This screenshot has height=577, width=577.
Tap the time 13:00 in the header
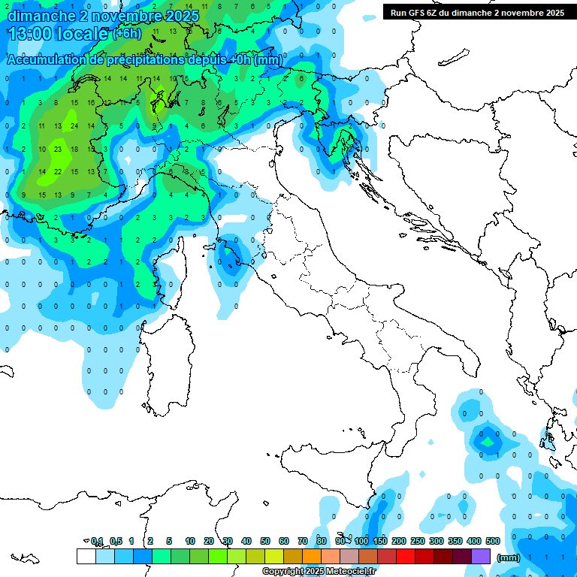[29, 34]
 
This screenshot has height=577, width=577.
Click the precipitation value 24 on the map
[74, 125]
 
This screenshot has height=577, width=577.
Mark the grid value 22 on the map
[57, 171]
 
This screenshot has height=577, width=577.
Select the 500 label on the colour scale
[493, 541]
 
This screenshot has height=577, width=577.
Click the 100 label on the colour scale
[361, 541]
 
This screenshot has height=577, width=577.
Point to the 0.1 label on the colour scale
[97, 541]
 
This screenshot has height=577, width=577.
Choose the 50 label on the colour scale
[265, 541]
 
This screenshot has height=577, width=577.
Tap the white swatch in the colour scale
[86, 556]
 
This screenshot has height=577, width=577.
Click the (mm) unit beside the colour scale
[508, 557]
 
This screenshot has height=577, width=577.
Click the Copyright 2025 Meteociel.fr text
[319, 571]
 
